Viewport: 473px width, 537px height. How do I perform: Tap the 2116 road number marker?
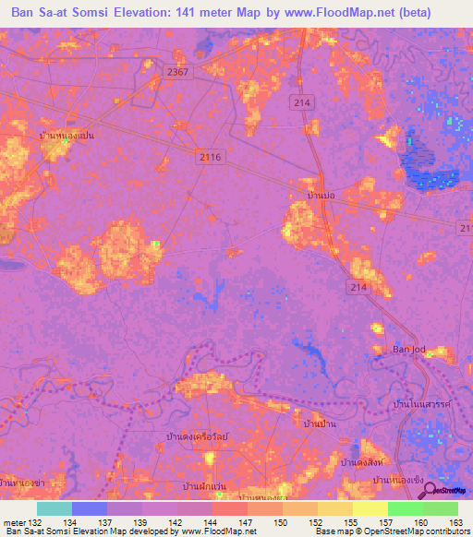[x=211, y=158]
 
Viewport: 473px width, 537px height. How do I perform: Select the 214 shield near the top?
[x=299, y=101]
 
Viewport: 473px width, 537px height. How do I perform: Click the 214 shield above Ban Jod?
[x=358, y=289]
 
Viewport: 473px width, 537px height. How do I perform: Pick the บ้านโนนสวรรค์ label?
[x=420, y=405]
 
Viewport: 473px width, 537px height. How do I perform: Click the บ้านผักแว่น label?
[x=204, y=484]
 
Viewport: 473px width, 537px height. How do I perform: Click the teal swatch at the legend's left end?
[x=55, y=508]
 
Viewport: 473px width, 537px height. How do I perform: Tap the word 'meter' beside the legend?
[x=16, y=523]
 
